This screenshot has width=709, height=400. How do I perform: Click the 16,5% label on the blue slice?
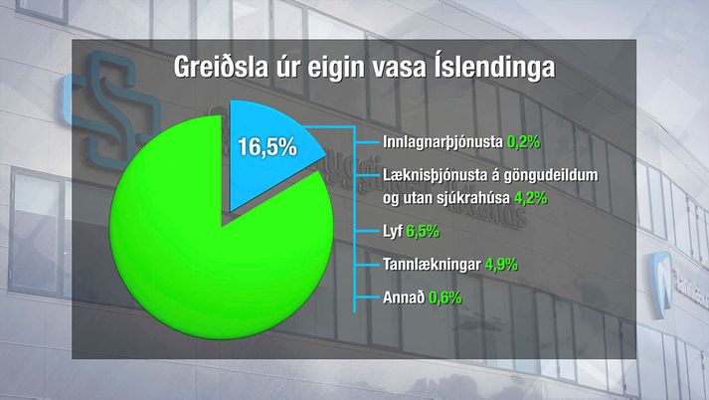[267, 146]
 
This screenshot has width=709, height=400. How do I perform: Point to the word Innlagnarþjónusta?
[443, 142]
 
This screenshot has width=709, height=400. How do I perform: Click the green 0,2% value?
[524, 142]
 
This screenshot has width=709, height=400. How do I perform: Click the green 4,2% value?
[530, 198]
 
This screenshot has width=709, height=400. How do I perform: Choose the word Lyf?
[393, 232]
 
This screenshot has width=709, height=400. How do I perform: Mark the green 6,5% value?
[423, 231]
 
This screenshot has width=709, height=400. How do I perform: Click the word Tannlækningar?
[432, 265]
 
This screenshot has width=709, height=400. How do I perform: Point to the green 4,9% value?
[501, 265]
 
